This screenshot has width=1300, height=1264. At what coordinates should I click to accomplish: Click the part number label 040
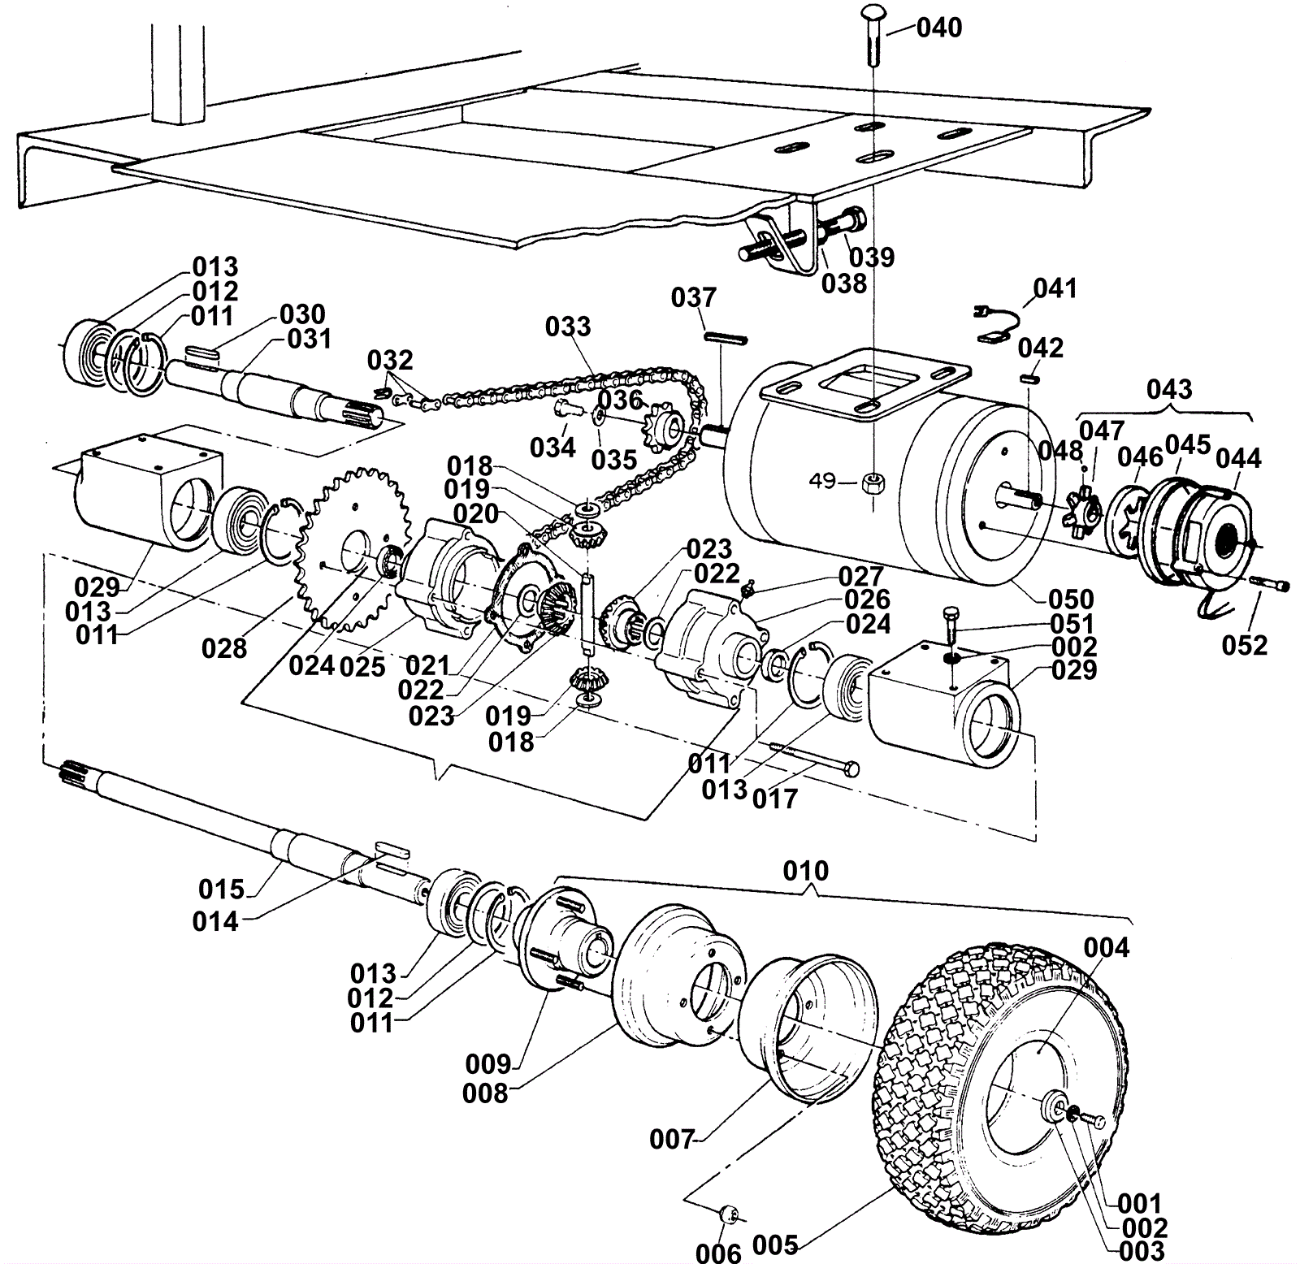point(939,28)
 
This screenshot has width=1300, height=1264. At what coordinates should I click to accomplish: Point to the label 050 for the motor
point(1071,600)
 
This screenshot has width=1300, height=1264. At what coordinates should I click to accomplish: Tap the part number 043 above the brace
point(1169,389)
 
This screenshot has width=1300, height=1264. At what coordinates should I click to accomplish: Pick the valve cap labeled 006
point(727,1215)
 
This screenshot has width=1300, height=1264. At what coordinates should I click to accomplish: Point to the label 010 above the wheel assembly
point(806,871)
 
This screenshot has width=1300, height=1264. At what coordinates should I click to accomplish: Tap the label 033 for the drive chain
point(568,327)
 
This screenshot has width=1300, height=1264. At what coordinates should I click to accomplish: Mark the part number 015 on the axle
point(221,890)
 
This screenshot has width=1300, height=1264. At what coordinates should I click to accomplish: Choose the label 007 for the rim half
point(672,1140)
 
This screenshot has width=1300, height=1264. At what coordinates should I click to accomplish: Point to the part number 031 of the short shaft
point(310,339)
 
